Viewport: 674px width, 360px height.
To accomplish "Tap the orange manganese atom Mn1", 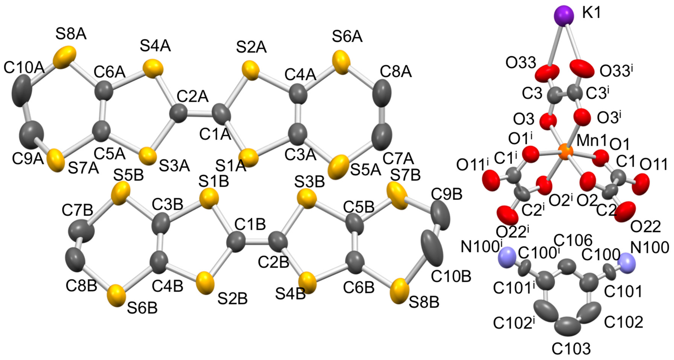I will coord(565,152).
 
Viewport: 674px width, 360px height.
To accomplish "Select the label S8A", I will coord(71,34).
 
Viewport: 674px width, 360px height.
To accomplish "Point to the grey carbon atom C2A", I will coord(179,113).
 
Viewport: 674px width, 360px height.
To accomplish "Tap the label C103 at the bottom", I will coord(571,349).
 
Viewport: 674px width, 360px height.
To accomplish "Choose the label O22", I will coord(645,227).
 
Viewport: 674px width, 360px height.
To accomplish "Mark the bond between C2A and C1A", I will coord(200,114).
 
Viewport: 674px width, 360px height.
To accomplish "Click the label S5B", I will coord(128,175).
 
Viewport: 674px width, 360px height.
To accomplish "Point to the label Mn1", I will coord(591,141).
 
